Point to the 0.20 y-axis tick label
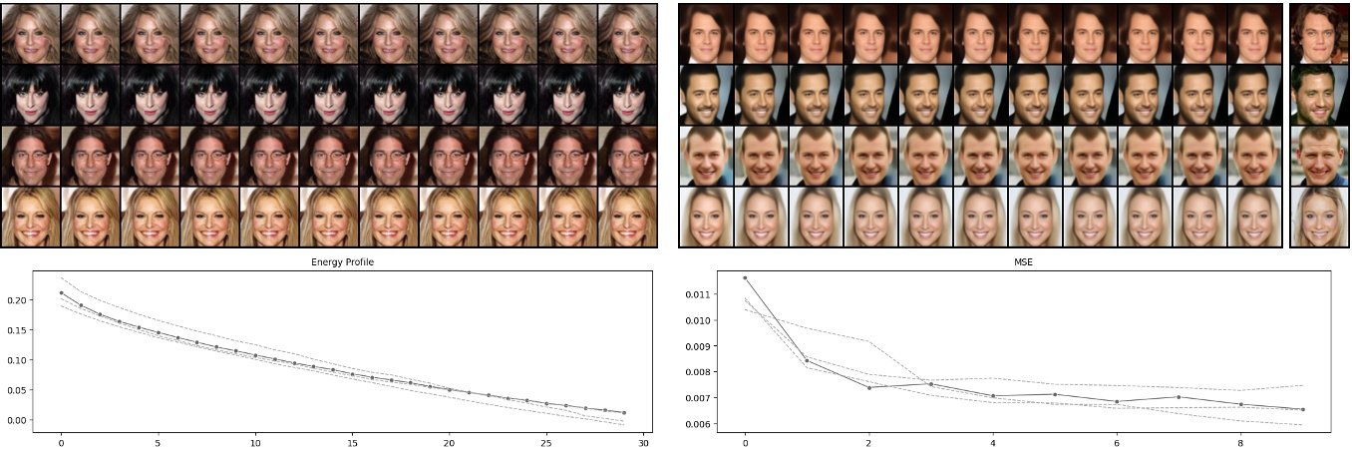pyautogui.click(x=17, y=300)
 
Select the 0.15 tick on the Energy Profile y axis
pyautogui.click(x=17, y=330)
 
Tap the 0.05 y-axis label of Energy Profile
pyautogui.click(x=17, y=390)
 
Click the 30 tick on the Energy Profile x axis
pyautogui.click(x=643, y=441)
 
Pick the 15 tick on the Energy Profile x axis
pyautogui.click(x=352, y=441)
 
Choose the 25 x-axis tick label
pyautogui.click(x=546, y=441)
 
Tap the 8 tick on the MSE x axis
pyautogui.click(x=1240, y=441)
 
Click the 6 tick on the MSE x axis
pyautogui.click(x=1117, y=441)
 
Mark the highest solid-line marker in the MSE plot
pyautogui.click(x=745, y=277)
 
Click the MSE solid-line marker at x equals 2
pyautogui.click(x=868, y=387)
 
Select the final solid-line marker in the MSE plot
pyautogui.click(x=1302, y=409)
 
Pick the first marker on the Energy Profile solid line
pyautogui.click(x=61, y=293)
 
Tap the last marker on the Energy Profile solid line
pyautogui.click(x=624, y=412)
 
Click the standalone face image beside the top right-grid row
pyautogui.click(x=1319, y=33)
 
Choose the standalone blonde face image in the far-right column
pyautogui.click(x=1319, y=218)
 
